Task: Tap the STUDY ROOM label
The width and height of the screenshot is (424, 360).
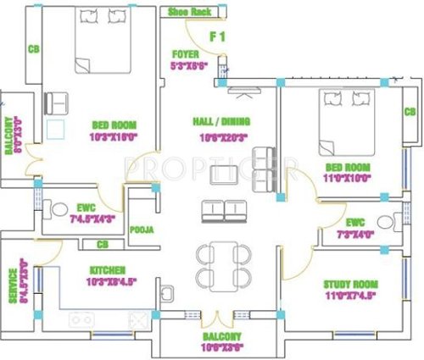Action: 350,285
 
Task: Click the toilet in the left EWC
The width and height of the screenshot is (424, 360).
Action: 57,208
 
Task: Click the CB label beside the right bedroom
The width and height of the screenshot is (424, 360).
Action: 410,112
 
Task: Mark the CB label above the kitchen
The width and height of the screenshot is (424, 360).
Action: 103,245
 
